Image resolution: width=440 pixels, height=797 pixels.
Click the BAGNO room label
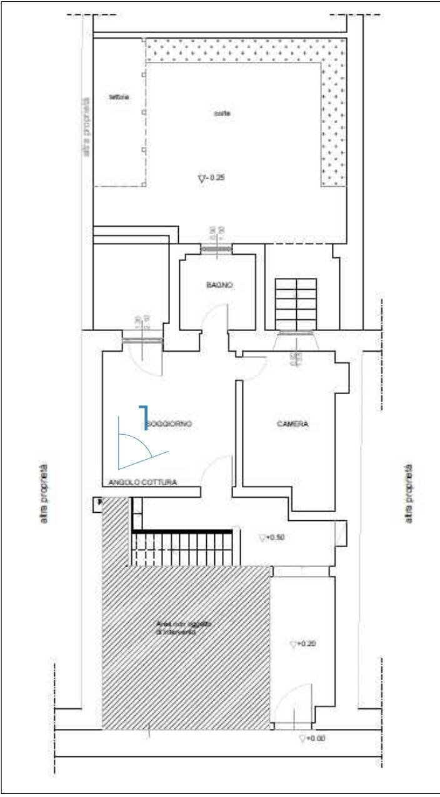pos(219,285)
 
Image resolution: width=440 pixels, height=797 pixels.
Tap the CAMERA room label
pos(292,424)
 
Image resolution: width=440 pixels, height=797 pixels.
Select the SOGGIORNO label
pos(169,424)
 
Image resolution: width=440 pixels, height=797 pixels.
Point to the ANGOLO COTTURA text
pos(142,483)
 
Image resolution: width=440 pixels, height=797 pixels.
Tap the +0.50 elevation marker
pos(272,537)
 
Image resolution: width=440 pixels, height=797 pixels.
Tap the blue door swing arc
pos(141,448)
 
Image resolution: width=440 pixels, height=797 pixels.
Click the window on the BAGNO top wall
pos(216,249)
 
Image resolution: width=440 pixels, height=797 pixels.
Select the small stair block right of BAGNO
pos(296,304)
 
